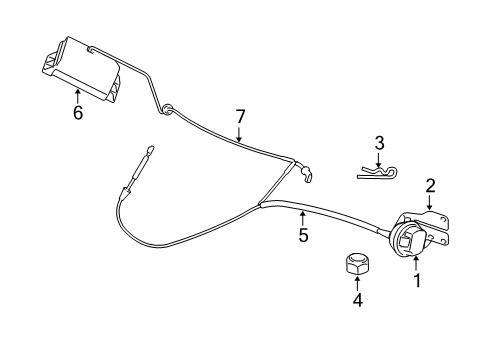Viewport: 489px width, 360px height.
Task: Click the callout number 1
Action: pyautogui.click(x=418, y=281)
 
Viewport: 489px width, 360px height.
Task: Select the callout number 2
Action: pyautogui.click(x=430, y=184)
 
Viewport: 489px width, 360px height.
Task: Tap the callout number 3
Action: pyautogui.click(x=379, y=143)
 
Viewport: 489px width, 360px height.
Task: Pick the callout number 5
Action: pyautogui.click(x=304, y=237)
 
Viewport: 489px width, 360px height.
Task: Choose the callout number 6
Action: pyautogui.click(x=77, y=112)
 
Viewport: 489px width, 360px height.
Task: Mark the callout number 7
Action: pyautogui.click(x=239, y=117)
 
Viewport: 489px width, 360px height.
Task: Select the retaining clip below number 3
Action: pyautogui.click(x=377, y=173)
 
